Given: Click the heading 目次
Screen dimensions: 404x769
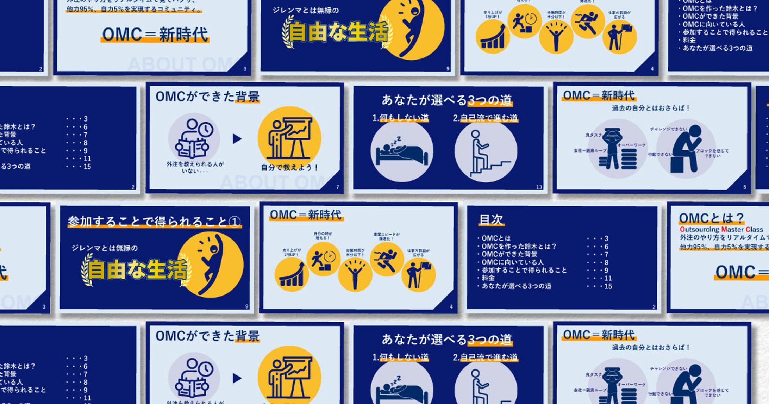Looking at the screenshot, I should (x=491, y=220).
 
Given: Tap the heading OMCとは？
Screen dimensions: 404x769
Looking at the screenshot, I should (x=711, y=218).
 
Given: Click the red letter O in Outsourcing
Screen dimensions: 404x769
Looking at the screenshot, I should (x=682, y=230).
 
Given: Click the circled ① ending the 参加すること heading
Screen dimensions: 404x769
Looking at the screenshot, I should (x=235, y=222).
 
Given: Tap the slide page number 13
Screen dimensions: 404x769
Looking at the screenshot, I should (x=539, y=187).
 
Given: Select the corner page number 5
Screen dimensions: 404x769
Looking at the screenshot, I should (x=745, y=187).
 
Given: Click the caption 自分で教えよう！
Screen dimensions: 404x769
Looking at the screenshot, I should (x=289, y=168).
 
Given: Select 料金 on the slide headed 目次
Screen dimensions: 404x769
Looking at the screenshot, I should (x=488, y=278).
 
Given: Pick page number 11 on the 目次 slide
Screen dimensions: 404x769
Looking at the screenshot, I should (x=608, y=278).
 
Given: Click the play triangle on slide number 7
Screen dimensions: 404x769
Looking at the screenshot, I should (x=237, y=139).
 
